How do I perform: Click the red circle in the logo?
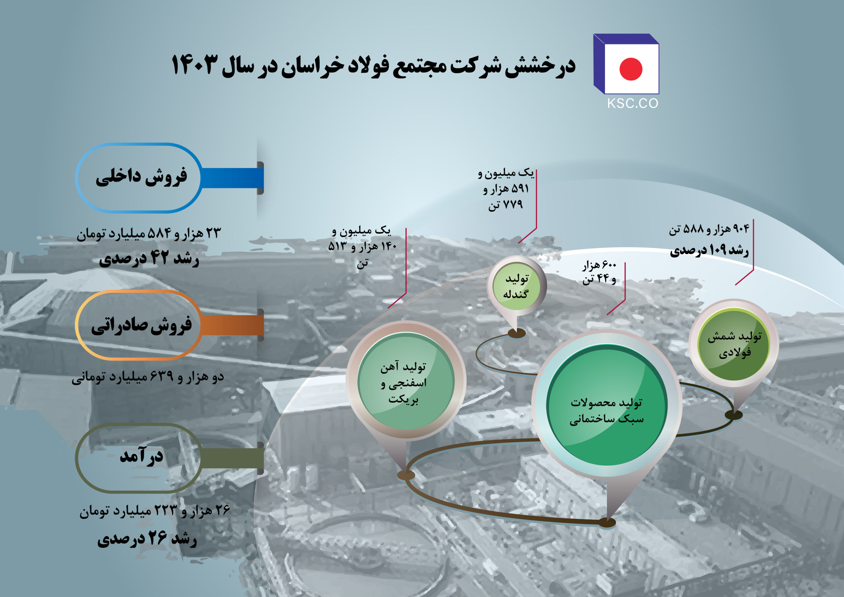coord(631,69)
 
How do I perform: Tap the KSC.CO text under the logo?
coord(633,103)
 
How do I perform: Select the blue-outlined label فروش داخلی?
coord(139,178)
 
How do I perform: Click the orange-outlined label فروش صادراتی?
coord(139,325)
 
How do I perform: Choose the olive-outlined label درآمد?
coord(139,458)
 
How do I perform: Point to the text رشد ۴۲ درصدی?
coord(149,259)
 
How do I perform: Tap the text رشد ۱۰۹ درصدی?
coord(709,250)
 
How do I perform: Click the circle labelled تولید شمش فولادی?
coord(734,344)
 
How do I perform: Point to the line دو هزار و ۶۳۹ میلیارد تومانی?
coord(148,377)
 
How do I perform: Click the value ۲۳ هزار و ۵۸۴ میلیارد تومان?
coord(149,233)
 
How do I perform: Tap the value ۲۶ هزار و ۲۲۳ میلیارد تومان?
coord(155,510)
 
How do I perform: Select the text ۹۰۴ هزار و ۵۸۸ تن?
coord(709,230)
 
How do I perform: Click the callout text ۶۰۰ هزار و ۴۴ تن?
coord(599,272)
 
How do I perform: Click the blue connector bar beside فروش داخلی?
coord(232,178)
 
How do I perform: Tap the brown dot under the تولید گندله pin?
coord(517,333)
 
